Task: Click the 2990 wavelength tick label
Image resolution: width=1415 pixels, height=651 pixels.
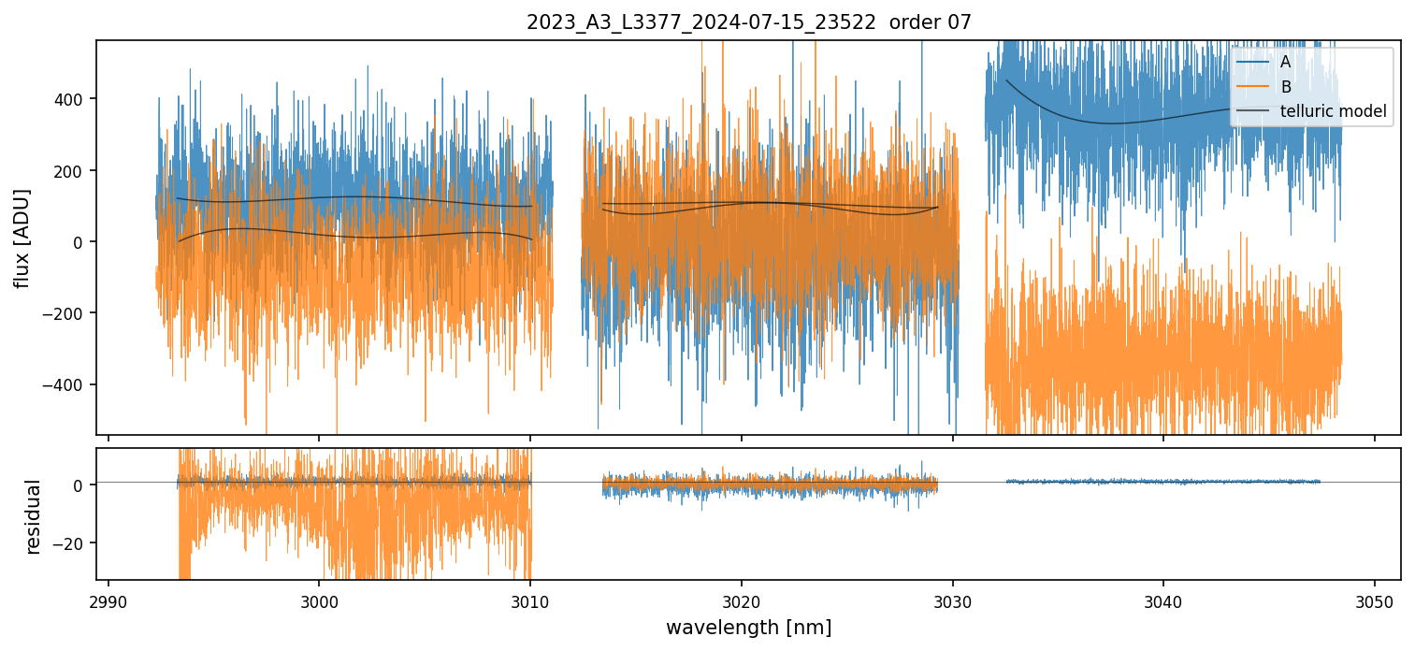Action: tap(108, 600)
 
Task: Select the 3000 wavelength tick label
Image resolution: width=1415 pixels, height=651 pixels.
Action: tap(319, 600)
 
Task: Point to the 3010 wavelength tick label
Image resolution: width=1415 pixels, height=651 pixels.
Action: tap(530, 600)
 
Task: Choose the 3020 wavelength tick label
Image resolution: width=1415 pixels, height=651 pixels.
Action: tap(742, 600)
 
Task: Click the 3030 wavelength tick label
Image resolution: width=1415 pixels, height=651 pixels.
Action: tap(952, 600)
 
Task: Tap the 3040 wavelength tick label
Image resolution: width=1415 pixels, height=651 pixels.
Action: tap(1163, 600)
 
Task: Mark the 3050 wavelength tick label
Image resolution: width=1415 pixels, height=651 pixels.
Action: tap(1374, 600)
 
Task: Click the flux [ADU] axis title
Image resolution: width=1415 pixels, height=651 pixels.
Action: tap(22, 238)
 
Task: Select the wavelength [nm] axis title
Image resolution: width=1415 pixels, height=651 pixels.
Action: tap(748, 627)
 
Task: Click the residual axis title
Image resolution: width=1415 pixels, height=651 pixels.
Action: tap(35, 516)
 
